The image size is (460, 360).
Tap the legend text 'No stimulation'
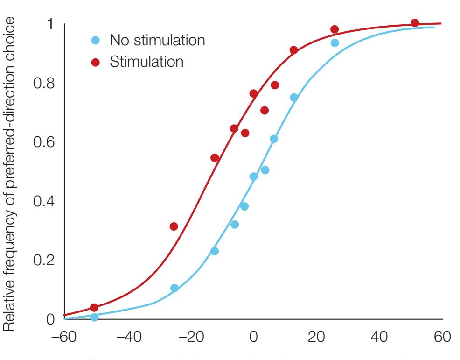click(157, 40)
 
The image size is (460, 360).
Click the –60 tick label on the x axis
click(64, 337)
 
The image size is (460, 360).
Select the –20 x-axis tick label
click(190, 337)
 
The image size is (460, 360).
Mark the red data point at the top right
click(414, 23)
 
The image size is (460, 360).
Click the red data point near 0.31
click(174, 226)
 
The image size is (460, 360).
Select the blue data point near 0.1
click(174, 288)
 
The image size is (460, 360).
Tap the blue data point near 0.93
click(335, 43)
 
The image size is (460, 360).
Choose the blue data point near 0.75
click(294, 98)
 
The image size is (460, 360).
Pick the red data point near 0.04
click(94, 307)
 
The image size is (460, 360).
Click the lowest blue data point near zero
click(94, 317)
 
